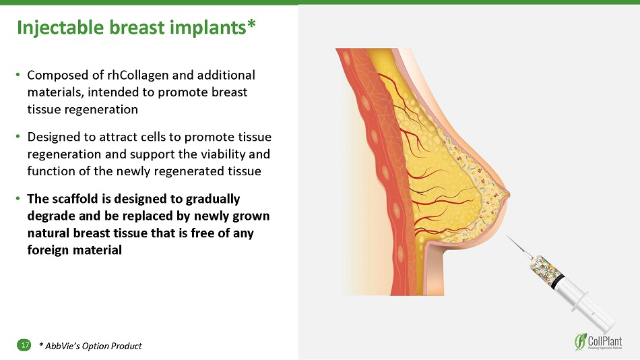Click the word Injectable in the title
61,28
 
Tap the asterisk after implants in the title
251,24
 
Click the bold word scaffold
77,199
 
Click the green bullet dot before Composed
18,75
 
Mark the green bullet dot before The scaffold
18,199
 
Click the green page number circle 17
24,345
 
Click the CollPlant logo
598,342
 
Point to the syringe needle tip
507,236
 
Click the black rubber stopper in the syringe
558,282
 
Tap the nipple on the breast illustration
507,196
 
